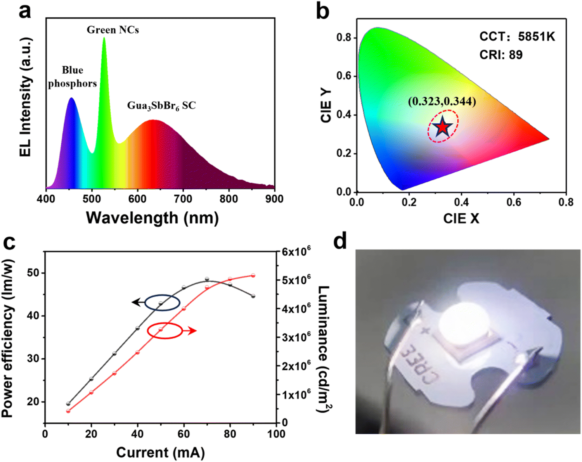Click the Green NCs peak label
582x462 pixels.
(113, 30)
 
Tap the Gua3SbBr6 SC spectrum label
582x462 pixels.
(161, 106)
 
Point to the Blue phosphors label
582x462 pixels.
(73, 77)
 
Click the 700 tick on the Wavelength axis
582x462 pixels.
(183, 199)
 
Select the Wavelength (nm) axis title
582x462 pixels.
(152, 218)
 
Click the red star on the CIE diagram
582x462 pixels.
(443, 127)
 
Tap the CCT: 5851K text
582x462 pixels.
(517, 37)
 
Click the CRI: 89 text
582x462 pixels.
(501, 55)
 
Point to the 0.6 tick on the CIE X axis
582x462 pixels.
(514, 202)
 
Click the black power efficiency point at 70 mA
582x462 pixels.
(207, 279)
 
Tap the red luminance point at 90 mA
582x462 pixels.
(253, 275)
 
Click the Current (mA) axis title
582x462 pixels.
(160, 453)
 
